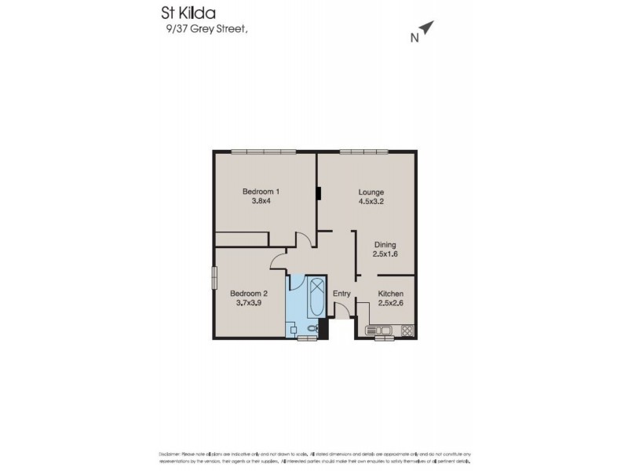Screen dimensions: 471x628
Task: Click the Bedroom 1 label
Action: coord(261,192)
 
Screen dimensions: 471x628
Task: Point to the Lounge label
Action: coord(371,192)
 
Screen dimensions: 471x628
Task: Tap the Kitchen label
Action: coord(390,294)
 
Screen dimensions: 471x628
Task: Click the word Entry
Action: coord(341,294)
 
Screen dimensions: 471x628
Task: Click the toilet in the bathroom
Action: coord(312,327)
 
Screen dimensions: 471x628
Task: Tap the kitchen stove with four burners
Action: coord(407,330)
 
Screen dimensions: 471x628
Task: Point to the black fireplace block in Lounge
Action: coord(319,193)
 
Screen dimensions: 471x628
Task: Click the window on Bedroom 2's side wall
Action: coord(213,279)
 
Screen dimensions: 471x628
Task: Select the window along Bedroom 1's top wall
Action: coord(263,152)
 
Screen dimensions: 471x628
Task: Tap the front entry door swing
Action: coord(343,312)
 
